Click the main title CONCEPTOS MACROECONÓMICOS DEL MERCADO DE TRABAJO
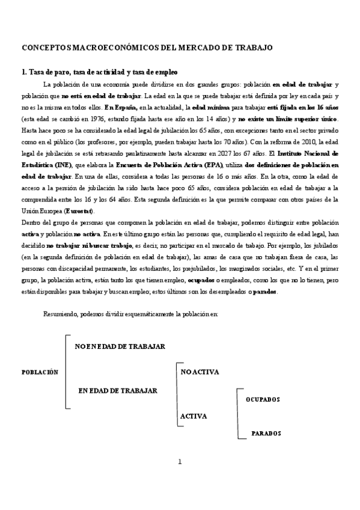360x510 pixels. pyautogui.click(x=147, y=47)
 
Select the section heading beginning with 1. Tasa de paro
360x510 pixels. pyautogui.click(x=99, y=72)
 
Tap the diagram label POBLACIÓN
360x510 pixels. pyautogui.click(x=40, y=372)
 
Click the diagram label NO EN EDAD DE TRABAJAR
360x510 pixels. pyautogui.click(x=120, y=347)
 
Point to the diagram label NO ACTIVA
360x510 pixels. pyautogui.click(x=200, y=372)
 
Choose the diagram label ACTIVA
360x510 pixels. pyautogui.click(x=194, y=416)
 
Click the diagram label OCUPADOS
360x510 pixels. pyautogui.click(x=263, y=399)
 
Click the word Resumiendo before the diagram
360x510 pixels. pyautogui.click(x=63, y=314)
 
